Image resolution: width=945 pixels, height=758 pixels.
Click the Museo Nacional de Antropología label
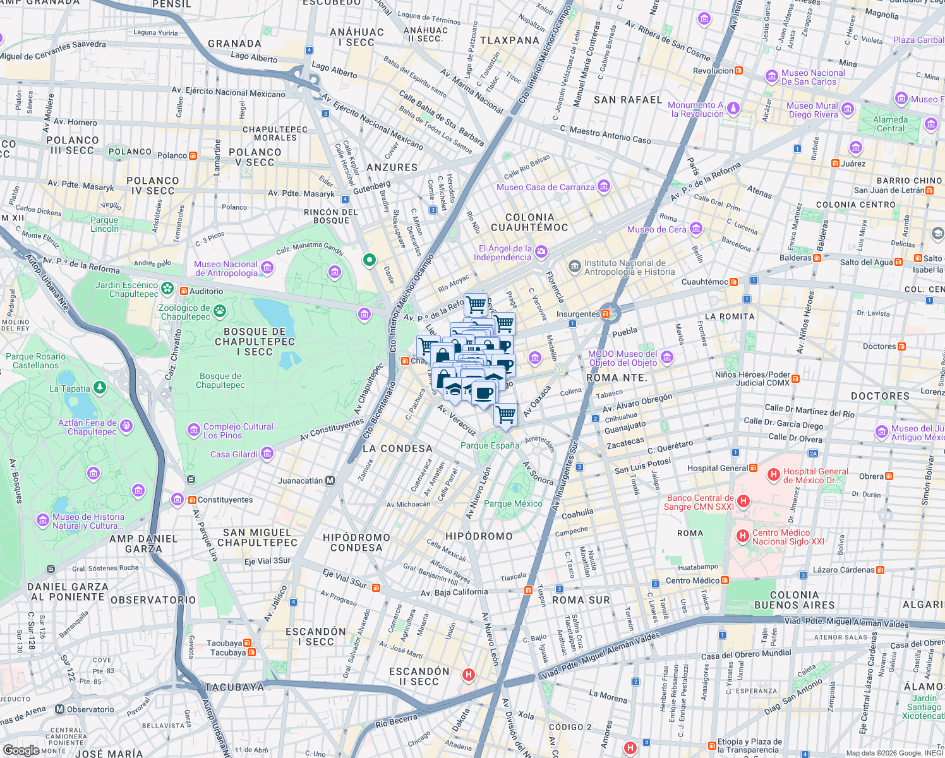[226, 269]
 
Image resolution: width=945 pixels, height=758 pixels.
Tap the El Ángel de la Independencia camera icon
[541, 253]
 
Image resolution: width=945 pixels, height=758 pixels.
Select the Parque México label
[513, 503]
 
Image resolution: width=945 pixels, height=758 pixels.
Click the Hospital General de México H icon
[773, 475]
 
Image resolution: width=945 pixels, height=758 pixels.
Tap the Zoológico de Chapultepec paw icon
[219, 310]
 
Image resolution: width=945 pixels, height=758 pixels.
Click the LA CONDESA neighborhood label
[397, 448]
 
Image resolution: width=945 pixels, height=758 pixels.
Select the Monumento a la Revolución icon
[733, 108]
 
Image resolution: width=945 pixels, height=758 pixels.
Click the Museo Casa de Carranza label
[545, 187]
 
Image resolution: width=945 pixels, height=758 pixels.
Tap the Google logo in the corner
[21, 750]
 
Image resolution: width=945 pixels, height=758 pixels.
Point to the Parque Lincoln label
[104, 225]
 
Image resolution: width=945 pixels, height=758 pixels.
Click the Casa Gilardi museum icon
[267, 454]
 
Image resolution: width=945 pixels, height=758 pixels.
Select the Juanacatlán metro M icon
[330, 481]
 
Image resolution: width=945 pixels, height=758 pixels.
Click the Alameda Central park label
[890, 124]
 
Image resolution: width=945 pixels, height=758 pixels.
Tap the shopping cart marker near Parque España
[505, 415]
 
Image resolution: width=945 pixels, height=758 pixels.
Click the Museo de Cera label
[656, 229]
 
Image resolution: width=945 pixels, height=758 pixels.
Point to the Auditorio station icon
[184, 291]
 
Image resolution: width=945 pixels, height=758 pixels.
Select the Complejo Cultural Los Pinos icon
[194, 430]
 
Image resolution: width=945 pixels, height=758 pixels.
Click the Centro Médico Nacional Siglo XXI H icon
[743, 536]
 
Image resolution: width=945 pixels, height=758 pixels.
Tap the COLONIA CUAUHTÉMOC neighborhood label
[529, 222]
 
